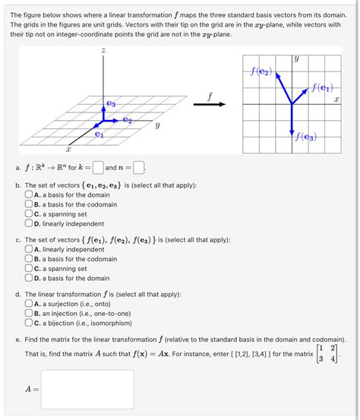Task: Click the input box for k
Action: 98,168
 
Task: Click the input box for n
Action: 138,168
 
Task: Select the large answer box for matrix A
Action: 87,389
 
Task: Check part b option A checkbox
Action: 28,194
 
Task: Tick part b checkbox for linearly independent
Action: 28,223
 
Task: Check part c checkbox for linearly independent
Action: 28,249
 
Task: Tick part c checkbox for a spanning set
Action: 28,268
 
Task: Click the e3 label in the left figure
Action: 112,102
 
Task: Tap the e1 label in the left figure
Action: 99,134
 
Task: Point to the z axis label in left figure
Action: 103,50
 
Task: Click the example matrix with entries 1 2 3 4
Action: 327,353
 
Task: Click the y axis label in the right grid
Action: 296,58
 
